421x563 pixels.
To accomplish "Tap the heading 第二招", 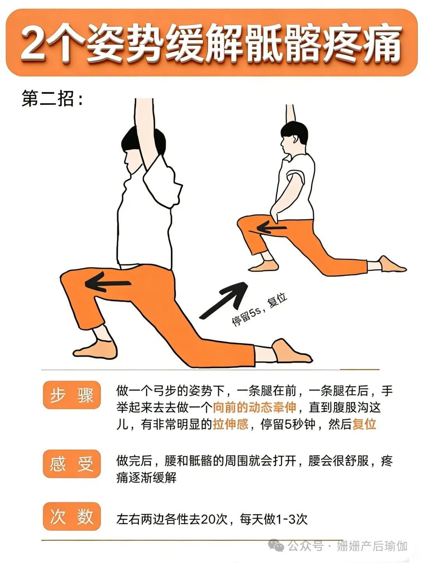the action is click(52, 98).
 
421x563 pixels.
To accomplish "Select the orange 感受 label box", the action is click(72, 464).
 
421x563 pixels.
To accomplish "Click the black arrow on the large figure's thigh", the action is click(108, 283).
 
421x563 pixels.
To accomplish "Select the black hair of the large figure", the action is click(144, 141).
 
